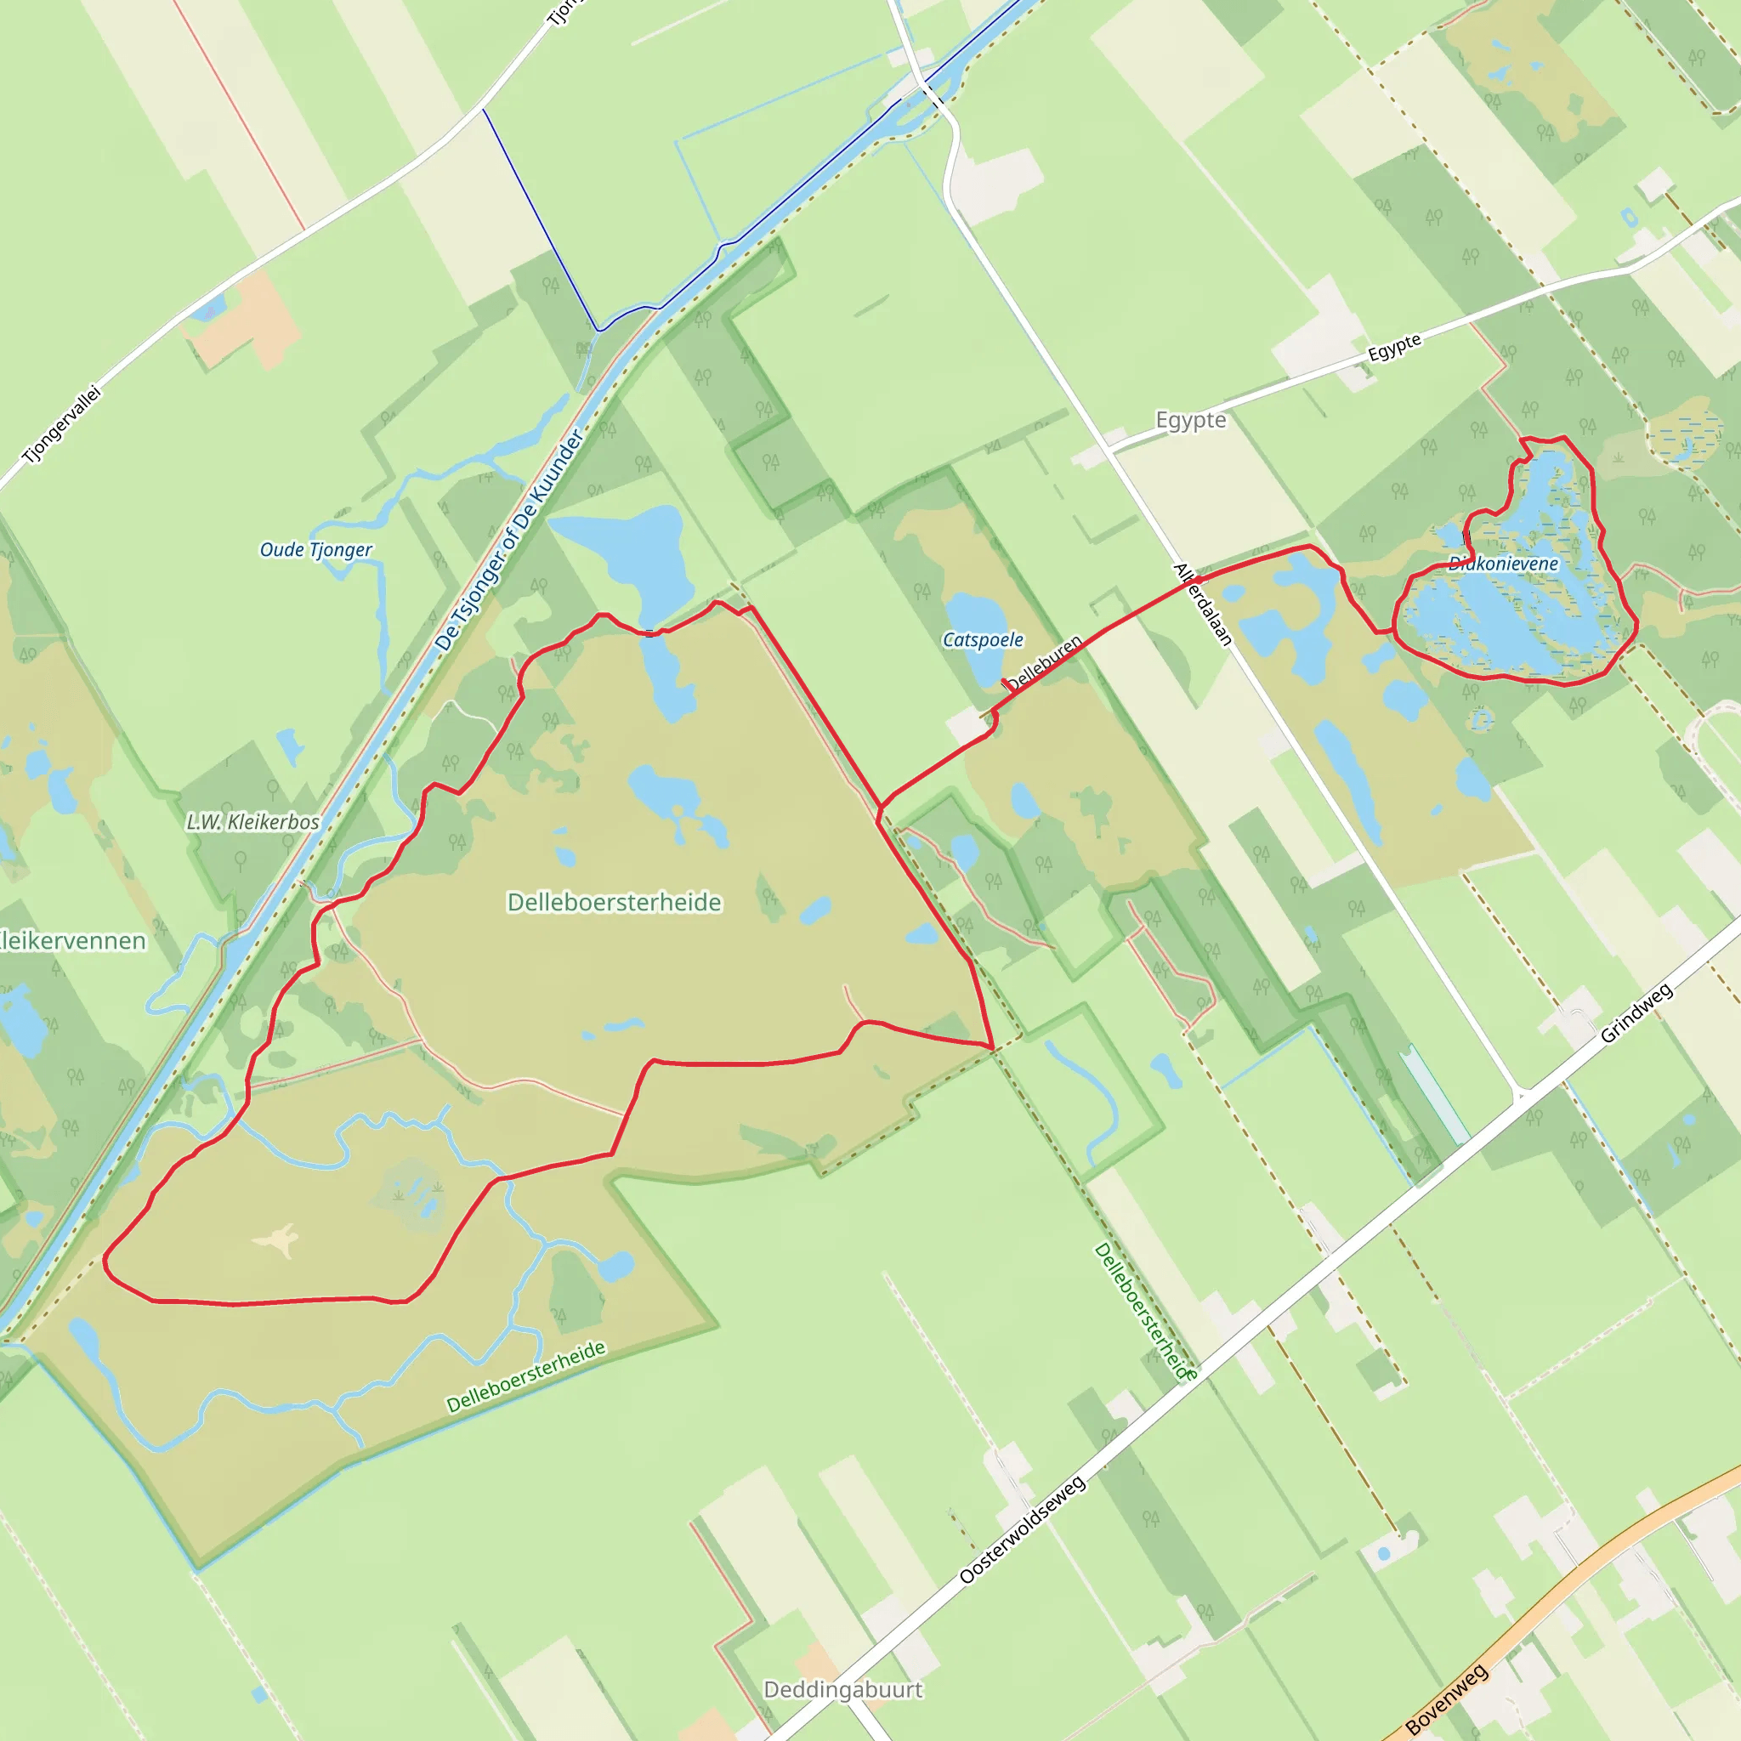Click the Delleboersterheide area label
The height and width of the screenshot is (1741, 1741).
615,902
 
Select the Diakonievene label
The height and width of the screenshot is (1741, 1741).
1503,564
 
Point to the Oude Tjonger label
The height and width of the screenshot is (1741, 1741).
315,550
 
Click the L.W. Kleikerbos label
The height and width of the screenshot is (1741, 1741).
252,822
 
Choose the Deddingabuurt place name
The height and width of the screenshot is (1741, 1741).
842,1690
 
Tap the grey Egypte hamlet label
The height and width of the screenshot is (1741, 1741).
1190,421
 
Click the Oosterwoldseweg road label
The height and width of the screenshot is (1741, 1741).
1022,1529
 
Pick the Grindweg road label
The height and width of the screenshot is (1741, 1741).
1636,1012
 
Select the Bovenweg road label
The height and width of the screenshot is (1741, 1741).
1446,1699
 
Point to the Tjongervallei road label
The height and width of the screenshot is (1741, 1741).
62,424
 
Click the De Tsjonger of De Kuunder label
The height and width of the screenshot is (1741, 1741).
509,540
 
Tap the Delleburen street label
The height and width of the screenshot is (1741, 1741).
1045,662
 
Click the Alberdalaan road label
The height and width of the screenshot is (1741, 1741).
1202,604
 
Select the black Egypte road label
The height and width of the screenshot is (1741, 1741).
1394,347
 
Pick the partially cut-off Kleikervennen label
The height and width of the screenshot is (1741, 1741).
72,941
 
